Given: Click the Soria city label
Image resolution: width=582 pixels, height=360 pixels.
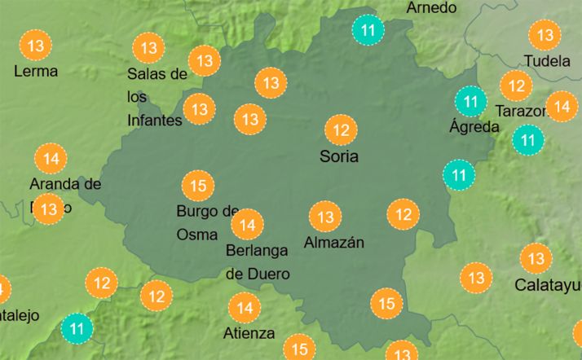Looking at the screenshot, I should click(340, 156).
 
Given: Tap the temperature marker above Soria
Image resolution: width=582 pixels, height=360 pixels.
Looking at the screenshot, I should click(342, 130).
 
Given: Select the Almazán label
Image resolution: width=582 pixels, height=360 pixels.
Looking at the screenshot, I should click(333, 242).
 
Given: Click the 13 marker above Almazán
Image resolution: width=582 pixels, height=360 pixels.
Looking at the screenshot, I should click(325, 217).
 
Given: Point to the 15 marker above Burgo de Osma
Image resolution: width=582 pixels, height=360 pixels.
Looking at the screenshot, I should click(197, 186).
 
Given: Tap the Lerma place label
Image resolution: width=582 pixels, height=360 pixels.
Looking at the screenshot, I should click(36, 71).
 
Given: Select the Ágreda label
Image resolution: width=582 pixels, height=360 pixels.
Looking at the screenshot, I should click(474, 127).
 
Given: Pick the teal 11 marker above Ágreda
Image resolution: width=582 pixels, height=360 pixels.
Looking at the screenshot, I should click(470, 102).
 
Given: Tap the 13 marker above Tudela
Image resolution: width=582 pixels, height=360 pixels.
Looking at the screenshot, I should click(545, 35).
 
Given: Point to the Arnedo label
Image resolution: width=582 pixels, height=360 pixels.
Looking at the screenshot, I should click(431, 8).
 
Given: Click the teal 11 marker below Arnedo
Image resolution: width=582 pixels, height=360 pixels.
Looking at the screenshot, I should click(368, 30).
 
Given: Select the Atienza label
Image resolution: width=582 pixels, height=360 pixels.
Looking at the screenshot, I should click(249, 333).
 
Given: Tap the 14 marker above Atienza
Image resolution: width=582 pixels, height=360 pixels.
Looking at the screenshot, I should click(245, 308).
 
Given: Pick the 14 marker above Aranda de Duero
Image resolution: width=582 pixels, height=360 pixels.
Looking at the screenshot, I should click(51, 158).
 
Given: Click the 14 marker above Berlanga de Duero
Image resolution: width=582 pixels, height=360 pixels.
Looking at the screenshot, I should click(247, 224).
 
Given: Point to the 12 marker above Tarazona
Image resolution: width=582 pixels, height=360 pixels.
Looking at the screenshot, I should click(515, 86).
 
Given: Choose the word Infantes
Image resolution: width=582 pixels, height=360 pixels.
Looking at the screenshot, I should click(154, 121).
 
